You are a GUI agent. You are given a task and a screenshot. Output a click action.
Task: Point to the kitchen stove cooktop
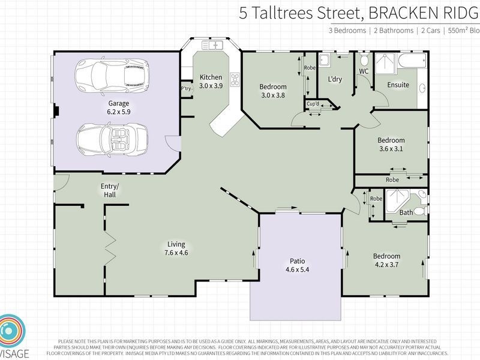click(235, 79)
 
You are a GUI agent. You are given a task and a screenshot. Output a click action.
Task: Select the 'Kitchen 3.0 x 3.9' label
click(211, 82)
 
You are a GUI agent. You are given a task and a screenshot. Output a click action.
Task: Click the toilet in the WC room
click(364, 61)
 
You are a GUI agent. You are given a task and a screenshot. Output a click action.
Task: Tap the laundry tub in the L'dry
click(324, 59)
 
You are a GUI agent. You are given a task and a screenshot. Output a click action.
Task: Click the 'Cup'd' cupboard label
click(313, 104)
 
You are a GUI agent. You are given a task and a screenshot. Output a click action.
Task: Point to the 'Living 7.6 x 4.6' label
click(176, 248)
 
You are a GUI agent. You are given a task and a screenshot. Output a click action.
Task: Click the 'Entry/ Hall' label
click(110, 190)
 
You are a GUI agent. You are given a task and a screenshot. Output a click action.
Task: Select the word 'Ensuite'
click(398, 85)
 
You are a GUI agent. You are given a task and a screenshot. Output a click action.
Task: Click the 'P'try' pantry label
click(186, 89)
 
